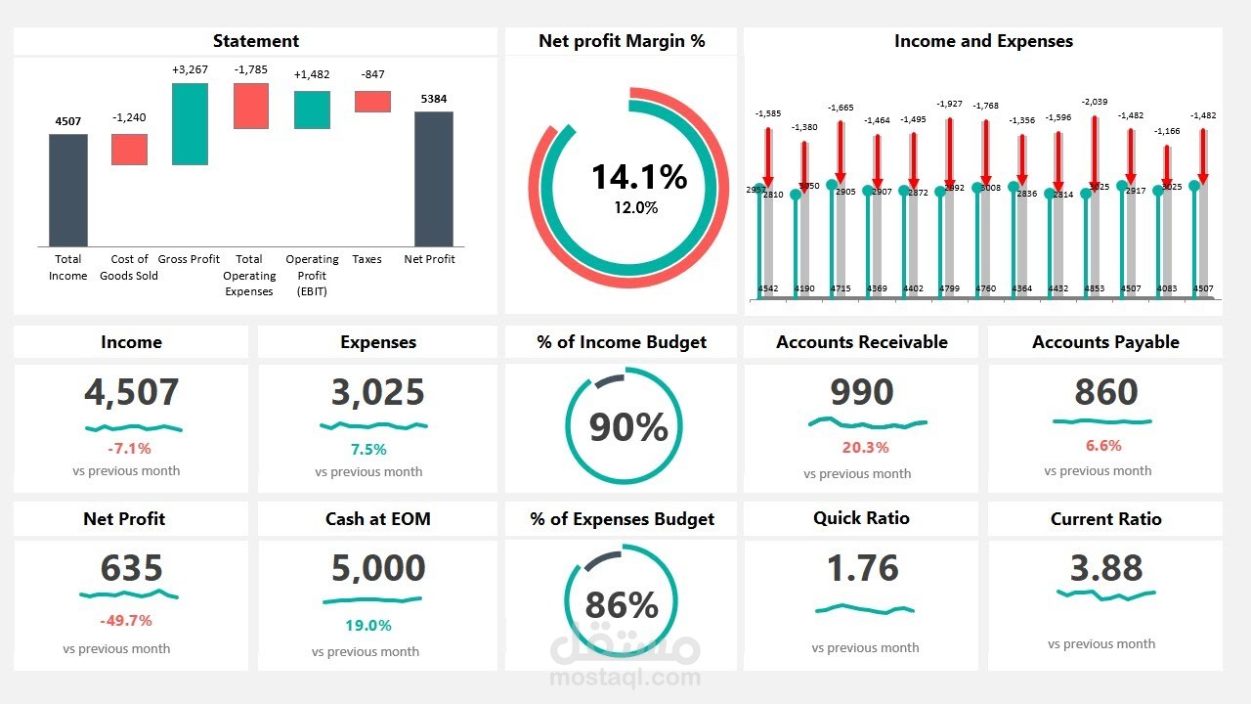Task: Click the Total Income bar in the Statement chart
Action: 68,190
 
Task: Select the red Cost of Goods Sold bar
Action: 129,150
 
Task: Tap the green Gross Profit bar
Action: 190,123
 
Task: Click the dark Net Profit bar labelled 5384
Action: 433,178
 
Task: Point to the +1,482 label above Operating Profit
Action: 312,74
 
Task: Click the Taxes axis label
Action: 367,259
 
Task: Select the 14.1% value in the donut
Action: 639,177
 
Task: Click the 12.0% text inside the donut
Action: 635,207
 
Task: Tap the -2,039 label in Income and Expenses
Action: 1095,102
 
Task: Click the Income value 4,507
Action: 131,392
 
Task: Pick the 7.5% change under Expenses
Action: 368,450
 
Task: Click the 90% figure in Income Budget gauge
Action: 628,427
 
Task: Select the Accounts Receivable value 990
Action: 861,392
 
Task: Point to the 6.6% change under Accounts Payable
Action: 1103,446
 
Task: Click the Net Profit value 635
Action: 131,568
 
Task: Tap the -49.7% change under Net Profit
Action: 126,621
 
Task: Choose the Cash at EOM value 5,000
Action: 377,568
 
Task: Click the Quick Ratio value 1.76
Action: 863,568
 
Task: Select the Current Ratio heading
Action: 1105,519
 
